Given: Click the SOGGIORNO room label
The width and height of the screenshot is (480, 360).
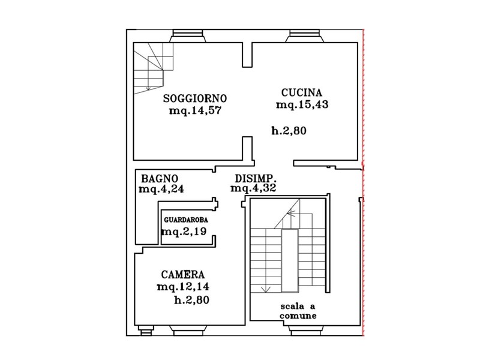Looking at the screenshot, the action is [x=195, y=98].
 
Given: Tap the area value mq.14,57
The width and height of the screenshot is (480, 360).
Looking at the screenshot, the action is [x=195, y=110].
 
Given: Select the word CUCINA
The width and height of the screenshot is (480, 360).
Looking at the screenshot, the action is [x=302, y=92].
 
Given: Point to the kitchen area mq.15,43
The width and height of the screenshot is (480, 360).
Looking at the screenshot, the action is [x=302, y=104].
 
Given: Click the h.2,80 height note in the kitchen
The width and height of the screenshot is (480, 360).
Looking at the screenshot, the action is [x=289, y=131].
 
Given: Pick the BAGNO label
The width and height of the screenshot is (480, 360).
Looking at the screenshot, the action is [x=160, y=178].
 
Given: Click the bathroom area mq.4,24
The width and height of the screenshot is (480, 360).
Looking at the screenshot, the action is [x=161, y=189].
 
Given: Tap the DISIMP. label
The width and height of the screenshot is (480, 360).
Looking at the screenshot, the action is [x=256, y=178].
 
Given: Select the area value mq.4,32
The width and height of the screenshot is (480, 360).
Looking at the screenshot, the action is [x=253, y=188].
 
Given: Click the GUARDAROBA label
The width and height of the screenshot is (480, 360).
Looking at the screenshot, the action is [x=186, y=220].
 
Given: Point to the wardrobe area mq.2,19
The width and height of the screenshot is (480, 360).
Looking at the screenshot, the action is [x=184, y=231].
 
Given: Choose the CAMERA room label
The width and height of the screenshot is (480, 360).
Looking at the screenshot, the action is [x=183, y=275].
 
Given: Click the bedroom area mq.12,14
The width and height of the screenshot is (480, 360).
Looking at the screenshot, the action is [x=183, y=287].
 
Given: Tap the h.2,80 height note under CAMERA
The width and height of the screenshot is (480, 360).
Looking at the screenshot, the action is [x=191, y=299].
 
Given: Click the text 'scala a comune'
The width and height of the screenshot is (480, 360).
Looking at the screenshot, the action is [x=298, y=311].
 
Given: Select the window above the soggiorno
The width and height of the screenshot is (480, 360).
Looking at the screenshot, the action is [x=188, y=36].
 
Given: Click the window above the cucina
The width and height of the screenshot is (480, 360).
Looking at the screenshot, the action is [x=305, y=36].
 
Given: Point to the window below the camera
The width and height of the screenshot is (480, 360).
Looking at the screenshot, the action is [x=188, y=331].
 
